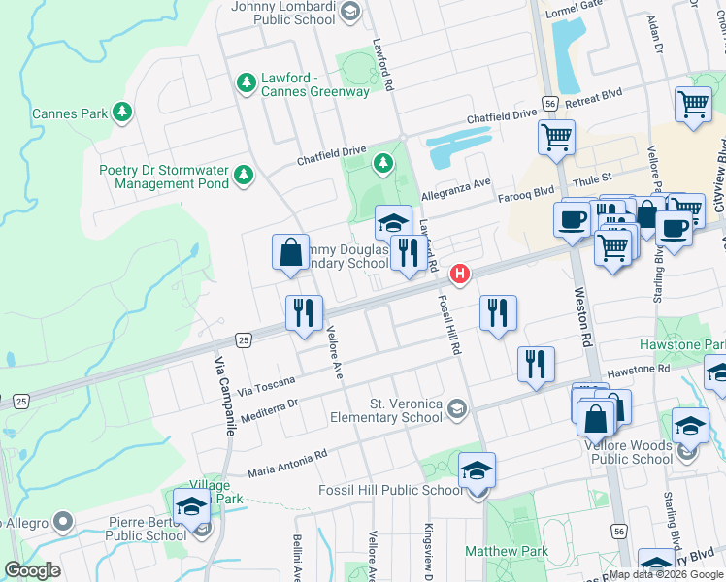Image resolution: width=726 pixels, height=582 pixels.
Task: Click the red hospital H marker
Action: click(460, 275)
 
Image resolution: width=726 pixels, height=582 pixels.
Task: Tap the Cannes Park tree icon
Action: click(122, 113)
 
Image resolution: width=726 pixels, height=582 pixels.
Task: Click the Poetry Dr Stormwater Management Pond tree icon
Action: click(244, 176)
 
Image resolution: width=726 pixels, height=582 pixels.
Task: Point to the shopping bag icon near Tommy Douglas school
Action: click(290, 252)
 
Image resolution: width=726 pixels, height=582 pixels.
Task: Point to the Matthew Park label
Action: click(506, 551)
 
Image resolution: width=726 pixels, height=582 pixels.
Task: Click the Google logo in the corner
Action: click(31, 570)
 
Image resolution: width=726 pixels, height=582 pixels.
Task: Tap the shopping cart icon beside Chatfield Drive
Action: click(556, 138)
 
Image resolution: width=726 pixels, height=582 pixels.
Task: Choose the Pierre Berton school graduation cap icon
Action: click(191, 506)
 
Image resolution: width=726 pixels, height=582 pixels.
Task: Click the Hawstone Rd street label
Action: click(638, 371)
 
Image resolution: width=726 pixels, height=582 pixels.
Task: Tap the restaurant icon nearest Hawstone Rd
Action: click(536, 365)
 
